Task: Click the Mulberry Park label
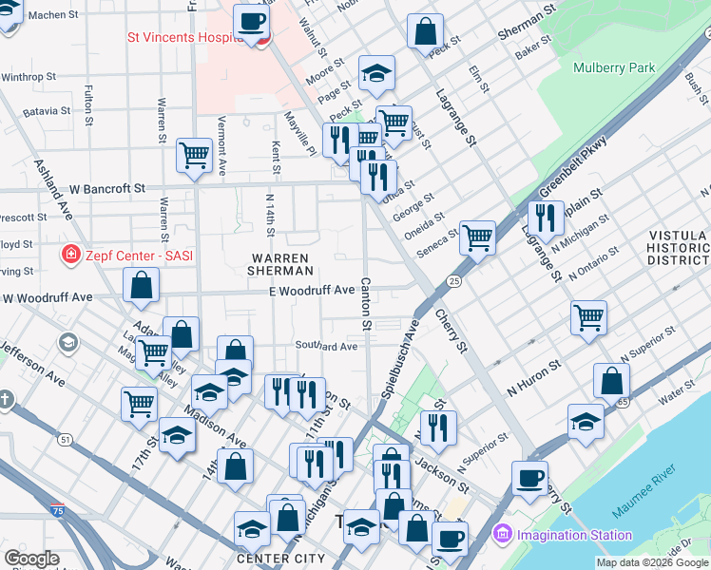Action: (614, 67)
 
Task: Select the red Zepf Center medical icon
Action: (69, 254)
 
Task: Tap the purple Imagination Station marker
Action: (503, 535)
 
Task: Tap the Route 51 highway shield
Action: (65, 440)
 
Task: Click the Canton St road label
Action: (365, 306)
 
